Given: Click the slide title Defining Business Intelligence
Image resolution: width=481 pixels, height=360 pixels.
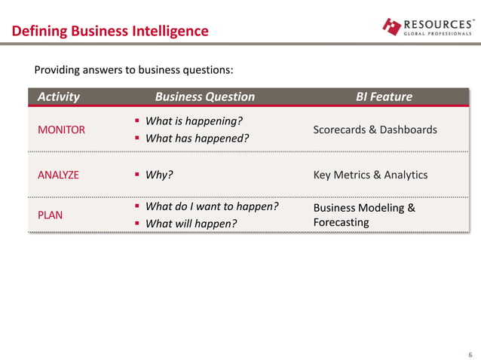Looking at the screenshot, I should point(109,31).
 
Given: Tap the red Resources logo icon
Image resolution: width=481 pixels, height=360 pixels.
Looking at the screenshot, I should point(392,26).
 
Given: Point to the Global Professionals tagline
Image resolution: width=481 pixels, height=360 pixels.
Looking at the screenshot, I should point(438,34).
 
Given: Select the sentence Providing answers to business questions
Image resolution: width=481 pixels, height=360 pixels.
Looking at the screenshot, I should point(134,71).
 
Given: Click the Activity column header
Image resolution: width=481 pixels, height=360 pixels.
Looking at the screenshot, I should point(59,96).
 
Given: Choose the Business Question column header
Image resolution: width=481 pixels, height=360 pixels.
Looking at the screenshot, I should point(204,96).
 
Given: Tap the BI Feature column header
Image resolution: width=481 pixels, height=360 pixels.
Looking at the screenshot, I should point(384,96).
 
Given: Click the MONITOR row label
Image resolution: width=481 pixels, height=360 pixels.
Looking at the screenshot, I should point(61,130).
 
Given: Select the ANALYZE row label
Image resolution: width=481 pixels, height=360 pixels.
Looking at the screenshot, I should point(58,175).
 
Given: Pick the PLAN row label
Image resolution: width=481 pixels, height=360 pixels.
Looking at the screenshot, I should point(50,215).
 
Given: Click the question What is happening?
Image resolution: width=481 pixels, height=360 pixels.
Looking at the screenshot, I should point(193,121).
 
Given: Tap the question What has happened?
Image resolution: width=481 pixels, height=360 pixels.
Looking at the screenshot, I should point(196,139).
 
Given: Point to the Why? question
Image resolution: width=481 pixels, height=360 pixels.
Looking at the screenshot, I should point(159,175).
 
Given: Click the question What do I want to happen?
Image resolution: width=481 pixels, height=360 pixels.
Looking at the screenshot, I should point(211,206).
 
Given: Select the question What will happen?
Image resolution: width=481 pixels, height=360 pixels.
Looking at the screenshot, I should point(190,224).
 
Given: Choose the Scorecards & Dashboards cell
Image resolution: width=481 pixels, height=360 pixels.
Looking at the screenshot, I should point(375,130).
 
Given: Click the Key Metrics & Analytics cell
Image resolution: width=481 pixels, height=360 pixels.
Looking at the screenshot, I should point(370,175).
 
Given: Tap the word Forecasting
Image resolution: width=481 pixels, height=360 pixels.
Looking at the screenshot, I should point(341,223).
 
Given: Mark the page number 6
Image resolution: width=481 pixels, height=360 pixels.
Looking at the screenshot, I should point(470,354).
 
